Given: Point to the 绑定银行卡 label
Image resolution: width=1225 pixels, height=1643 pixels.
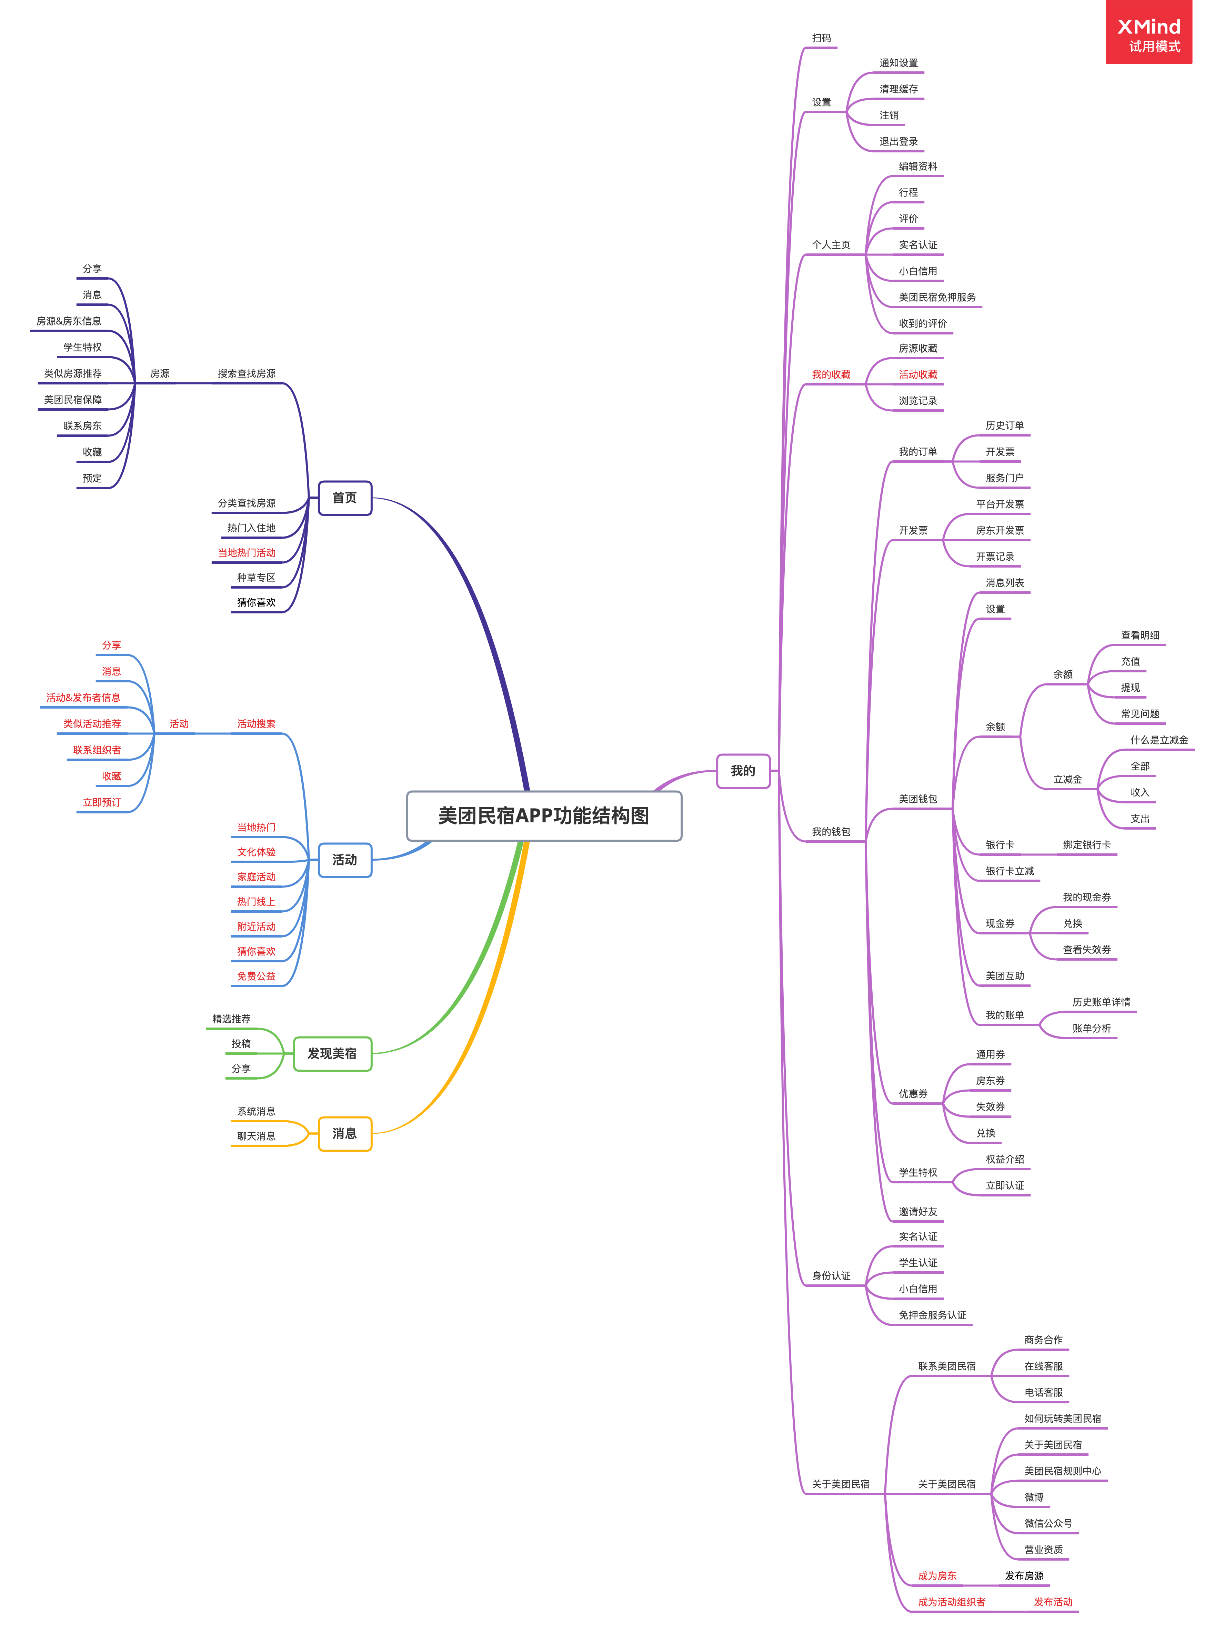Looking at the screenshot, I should point(1086,844).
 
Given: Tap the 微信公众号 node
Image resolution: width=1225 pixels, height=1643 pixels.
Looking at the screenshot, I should point(1048,1524).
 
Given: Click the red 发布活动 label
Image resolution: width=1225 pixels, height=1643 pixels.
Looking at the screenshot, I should point(1053,1602).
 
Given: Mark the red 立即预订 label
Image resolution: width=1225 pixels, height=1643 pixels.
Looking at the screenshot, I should point(102,802).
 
